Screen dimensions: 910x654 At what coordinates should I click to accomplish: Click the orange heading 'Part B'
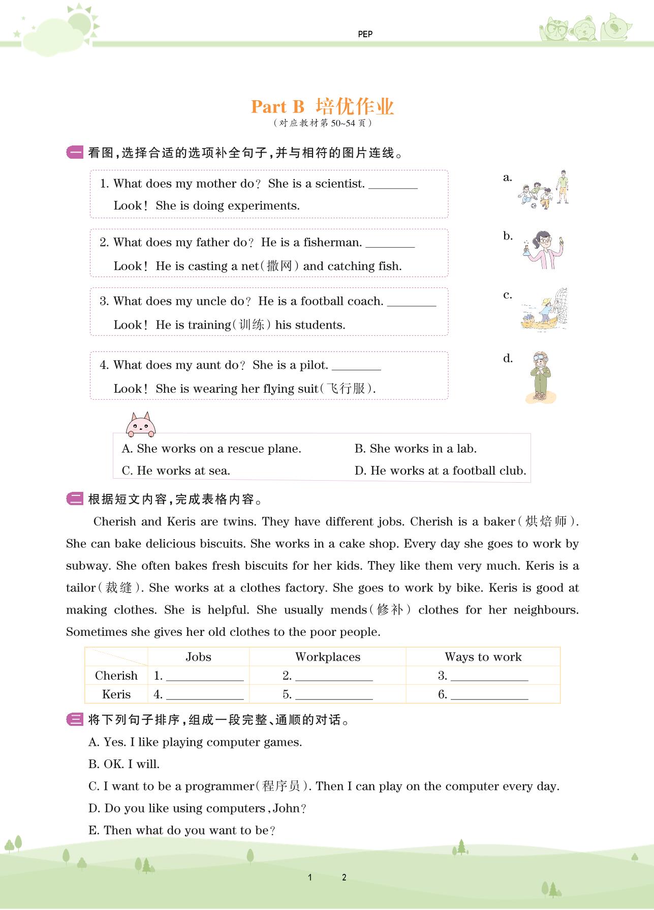277,107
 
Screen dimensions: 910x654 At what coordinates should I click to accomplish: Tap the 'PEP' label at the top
365,34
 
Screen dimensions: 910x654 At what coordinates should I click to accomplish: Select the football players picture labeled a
544,190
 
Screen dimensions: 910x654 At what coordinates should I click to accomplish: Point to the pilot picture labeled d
540,377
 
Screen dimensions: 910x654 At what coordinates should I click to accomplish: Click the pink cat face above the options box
141,425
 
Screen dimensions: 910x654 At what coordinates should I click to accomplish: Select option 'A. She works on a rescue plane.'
211,449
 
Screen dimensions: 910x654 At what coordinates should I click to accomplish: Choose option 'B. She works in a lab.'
415,449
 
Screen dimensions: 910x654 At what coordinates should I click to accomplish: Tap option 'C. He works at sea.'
176,471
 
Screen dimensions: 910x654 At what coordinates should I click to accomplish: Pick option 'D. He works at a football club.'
440,471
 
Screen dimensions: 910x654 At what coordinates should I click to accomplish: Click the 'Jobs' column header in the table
198,657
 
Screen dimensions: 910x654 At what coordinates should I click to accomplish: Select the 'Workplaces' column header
328,657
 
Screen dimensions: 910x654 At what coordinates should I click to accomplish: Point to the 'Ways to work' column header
483,657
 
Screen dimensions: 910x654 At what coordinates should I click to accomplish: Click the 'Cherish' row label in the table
116,676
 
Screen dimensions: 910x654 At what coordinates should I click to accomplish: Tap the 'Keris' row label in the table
116,695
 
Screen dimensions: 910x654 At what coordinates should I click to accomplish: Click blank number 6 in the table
489,696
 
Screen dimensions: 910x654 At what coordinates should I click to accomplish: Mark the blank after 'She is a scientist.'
393,185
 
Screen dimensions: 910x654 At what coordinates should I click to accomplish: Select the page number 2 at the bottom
344,877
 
